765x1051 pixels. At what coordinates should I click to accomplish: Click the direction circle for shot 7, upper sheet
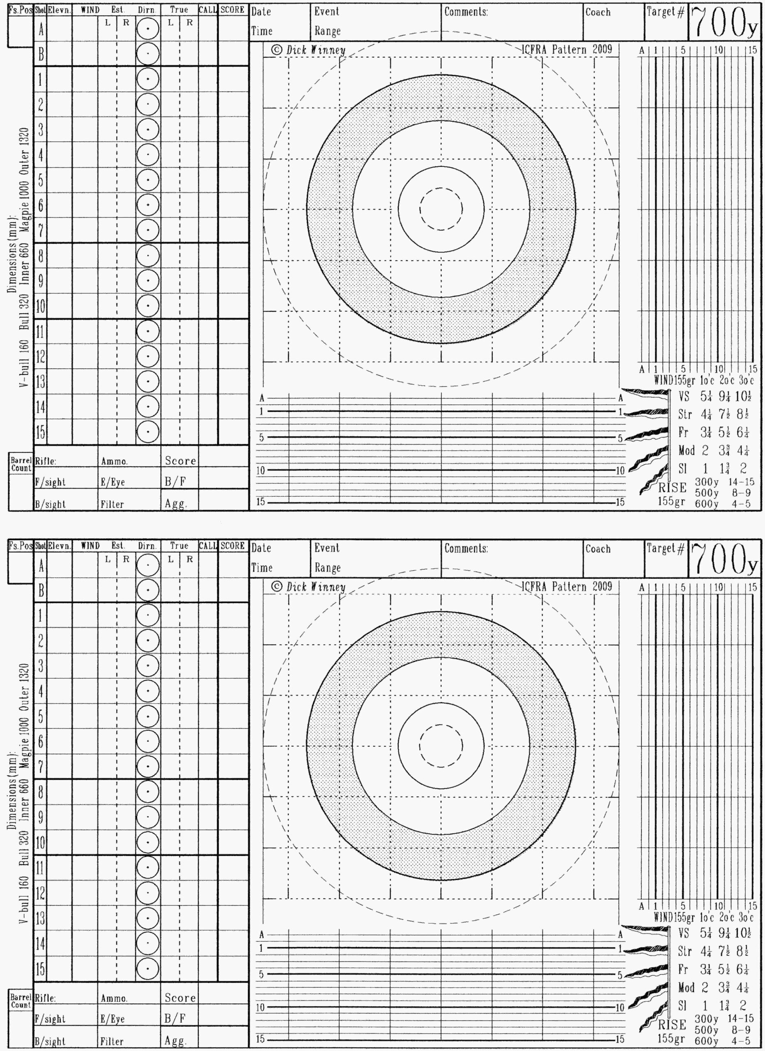pyautogui.click(x=148, y=230)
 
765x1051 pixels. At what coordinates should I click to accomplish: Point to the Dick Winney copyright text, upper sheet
pyautogui.click(x=309, y=50)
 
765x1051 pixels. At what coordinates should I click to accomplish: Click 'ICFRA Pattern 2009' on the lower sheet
pyautogui.click(x=566, y=587)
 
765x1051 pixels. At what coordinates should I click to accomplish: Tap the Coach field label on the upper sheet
pyautogui.click(x=598, y=12)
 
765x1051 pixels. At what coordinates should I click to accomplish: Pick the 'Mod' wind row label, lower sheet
pyautogui.click(x=686, y=988)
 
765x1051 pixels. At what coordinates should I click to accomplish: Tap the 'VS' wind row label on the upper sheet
pyautogui.click(x=684, y=397)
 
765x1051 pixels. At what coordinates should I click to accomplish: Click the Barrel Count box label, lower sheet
pyautogui.click(x=21, y=1001)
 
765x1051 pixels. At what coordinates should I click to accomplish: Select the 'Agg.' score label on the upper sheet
pyautogui.click(x=176, y=504)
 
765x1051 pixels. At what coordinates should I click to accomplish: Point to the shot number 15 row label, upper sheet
pyautogui.click(x=41, y=432)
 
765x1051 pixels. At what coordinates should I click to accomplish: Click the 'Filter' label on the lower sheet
pyautogui.click(x=112, y=1041)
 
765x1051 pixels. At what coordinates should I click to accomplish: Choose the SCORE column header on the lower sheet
pyautogui.click(x=232, y=546)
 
